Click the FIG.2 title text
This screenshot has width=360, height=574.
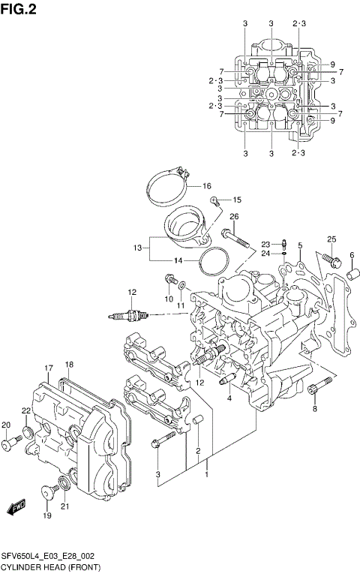(x=19, y=9)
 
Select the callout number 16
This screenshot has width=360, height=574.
(x=206, y=185)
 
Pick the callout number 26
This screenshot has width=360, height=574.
(x=233, y=217)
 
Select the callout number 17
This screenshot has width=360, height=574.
(x=47, y=368)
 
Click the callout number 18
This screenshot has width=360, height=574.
(x=69, y=365)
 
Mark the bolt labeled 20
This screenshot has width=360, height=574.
(x=8, y=445)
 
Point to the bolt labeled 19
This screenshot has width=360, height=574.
(x=49, y=493)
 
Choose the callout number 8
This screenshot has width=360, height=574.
(x=315, y=409)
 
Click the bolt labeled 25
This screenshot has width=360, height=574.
(x=328, y=259)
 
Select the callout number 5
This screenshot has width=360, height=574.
(x=299, y=245)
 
